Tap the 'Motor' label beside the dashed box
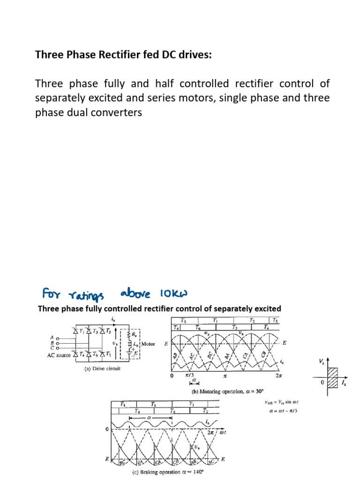pyautogui.click(x=148, y=344)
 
